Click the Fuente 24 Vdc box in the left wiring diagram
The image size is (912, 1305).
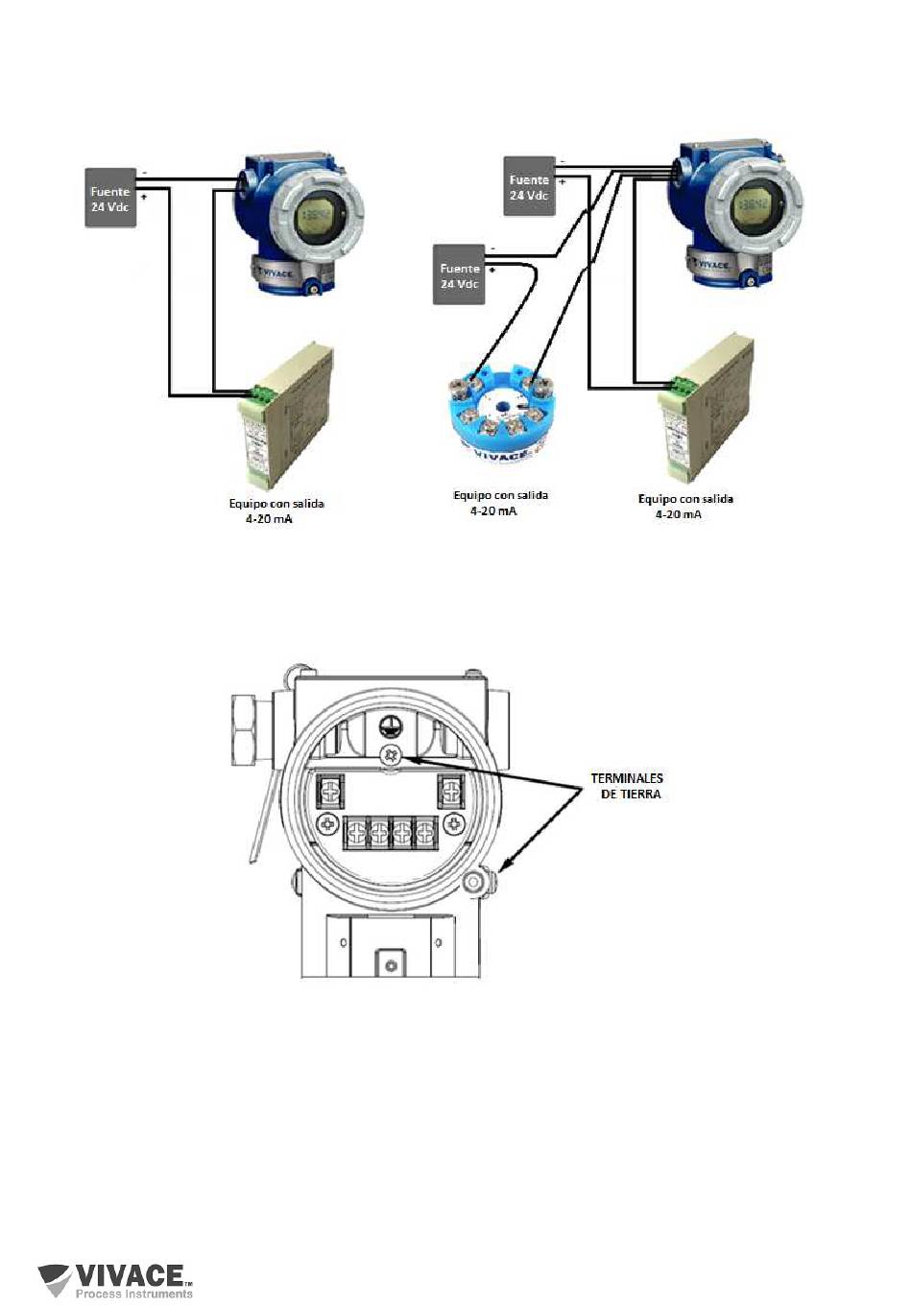coord(109,199)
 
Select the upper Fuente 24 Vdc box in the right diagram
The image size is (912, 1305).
coord(529,186)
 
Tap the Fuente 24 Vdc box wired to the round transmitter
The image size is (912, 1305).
coord(459,275)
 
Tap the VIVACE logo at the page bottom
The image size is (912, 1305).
coord(116,1279)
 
